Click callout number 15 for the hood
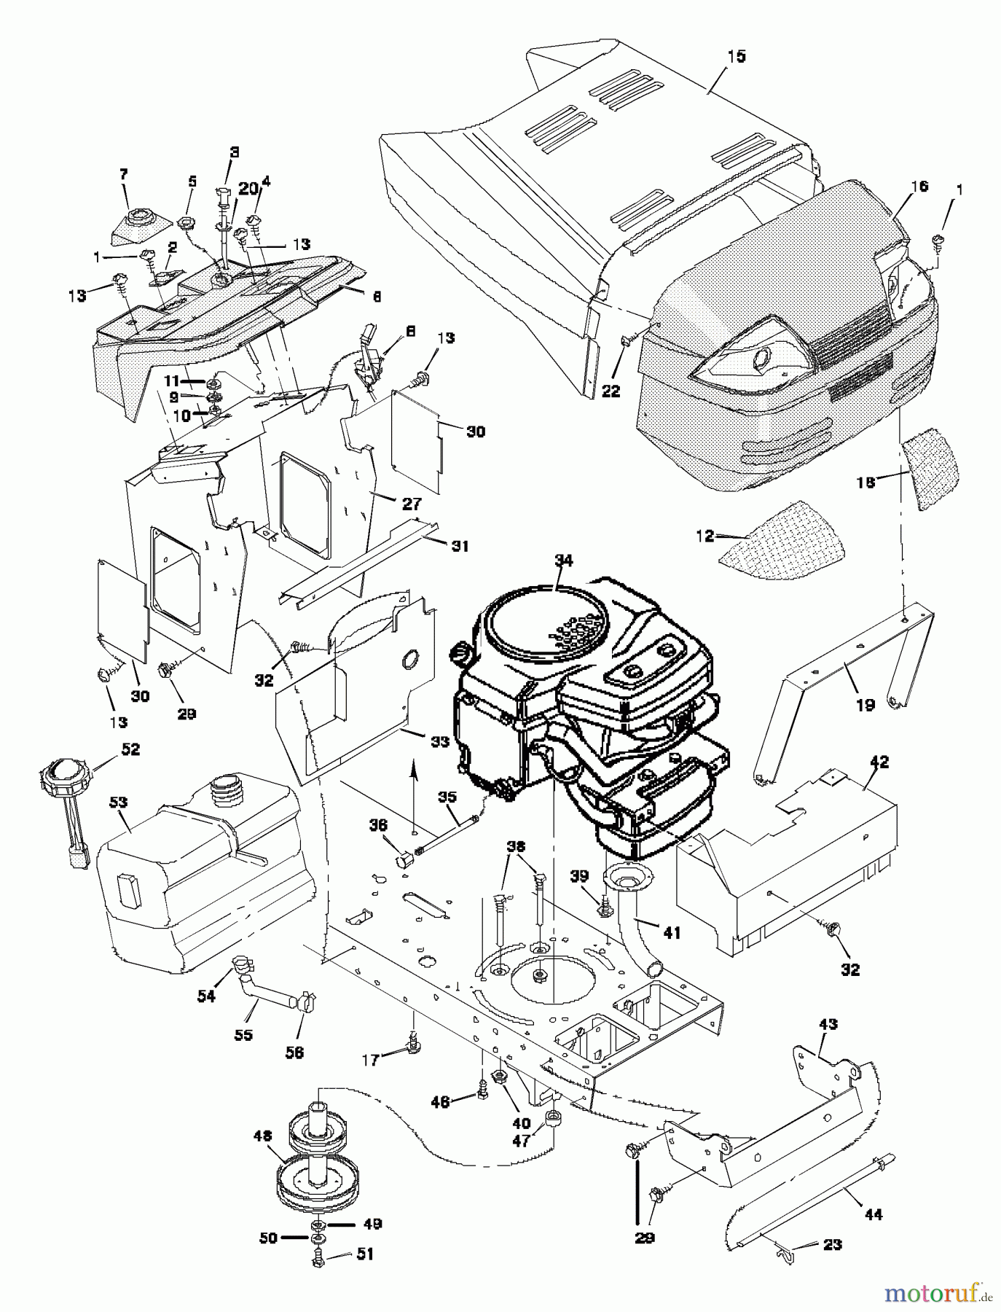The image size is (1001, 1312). coord(737,57)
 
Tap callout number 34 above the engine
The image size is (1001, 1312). coord(562,561)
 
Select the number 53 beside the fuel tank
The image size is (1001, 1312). coord(119,803)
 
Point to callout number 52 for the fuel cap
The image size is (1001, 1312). coord(131,749)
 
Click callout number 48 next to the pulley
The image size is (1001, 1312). coord(262,1156)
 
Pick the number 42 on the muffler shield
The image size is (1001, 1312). coord(879,762)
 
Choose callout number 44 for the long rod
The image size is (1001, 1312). coord(873,1214)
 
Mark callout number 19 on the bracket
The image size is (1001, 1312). coord(865,706)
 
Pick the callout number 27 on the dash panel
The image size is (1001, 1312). coord(411,503)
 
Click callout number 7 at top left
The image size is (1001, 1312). coord(123,174)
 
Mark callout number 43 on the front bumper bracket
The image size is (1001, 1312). coord(828,1024)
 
